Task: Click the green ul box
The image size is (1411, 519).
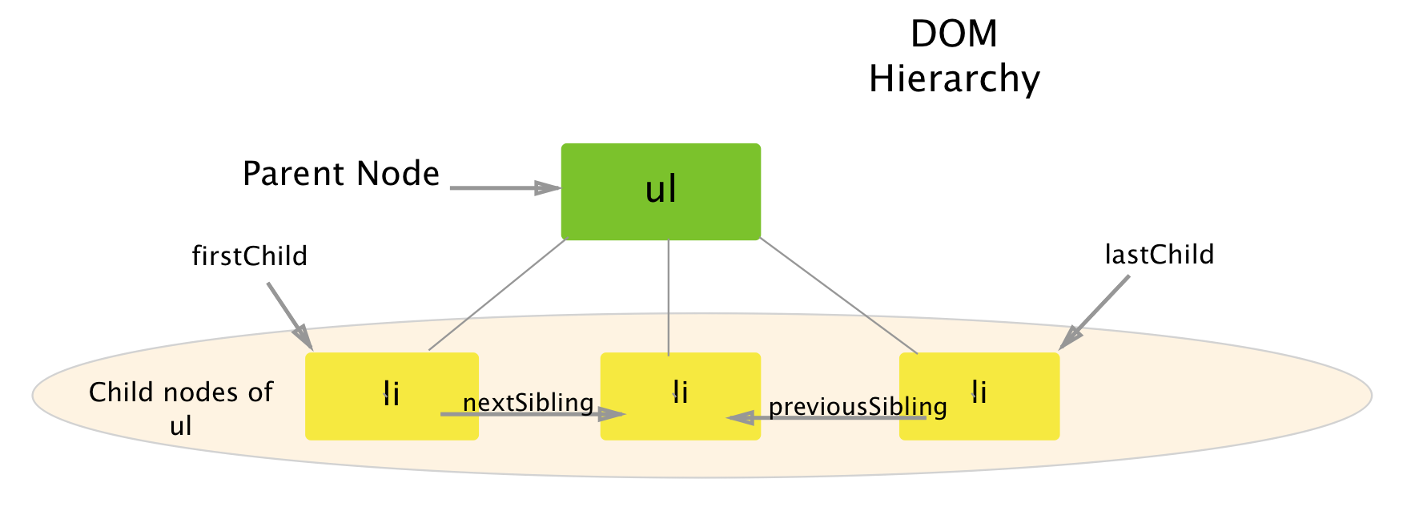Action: tap(661, 191)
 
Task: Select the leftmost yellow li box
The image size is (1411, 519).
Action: tap(392, 396)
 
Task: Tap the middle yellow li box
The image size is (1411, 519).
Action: tap(680, 396)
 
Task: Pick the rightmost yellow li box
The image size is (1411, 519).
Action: tap(979, 396)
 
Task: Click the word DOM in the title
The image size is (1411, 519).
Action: tap(954, 34)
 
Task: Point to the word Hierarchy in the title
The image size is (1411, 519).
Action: tap(954, 79)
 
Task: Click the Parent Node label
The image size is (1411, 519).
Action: tap(341, 174)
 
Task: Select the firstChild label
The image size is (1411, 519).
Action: tap(250, 256)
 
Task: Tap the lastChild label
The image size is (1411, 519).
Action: tap(1160, 255)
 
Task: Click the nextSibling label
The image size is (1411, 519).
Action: tap(529, 402)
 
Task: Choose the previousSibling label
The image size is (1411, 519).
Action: tap(858, 406)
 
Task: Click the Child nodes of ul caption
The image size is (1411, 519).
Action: tap(181, 408)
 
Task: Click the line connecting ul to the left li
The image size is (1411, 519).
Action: tap(496, 295)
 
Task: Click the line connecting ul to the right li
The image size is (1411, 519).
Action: tap(838, 296)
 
